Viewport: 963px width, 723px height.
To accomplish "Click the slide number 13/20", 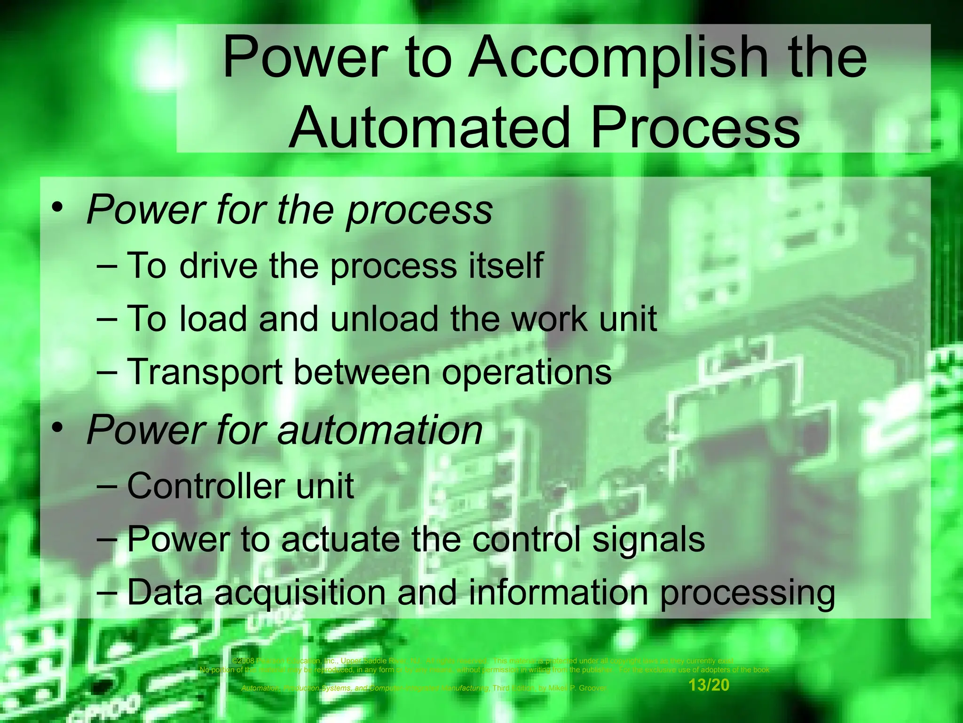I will [x=709, y=685].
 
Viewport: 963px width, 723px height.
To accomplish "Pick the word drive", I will [x=219, y=265].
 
